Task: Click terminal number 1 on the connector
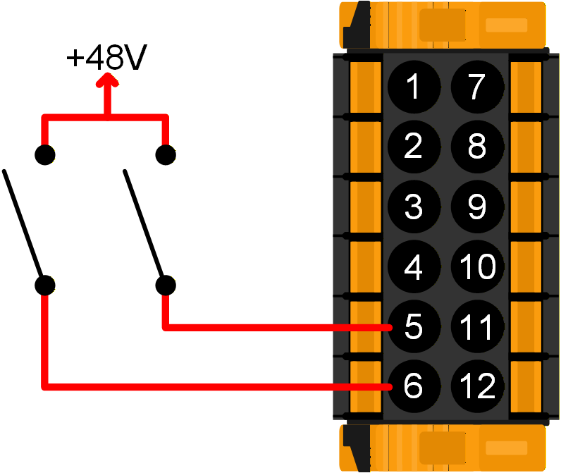[x=414, y=87]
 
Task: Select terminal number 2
[x=414, y=147]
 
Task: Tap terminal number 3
[x=414, y=207]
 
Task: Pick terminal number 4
[x=414, y=266]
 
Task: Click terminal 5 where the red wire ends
[x=414, y=326]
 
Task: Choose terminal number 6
[x=414, y=386]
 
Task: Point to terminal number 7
[x=477, y=87]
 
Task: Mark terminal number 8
[x=477, y=147]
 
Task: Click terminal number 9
[x=477, y=207]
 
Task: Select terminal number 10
[x=477, y=266]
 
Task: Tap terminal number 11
[x=477, y=326]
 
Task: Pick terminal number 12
[x=477, y=386]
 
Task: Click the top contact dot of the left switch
[x=46, y=154]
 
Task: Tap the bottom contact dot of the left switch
[x=46, y=285]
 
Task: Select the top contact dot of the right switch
[x=166, y=154]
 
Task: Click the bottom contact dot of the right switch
[x=166, y=285]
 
